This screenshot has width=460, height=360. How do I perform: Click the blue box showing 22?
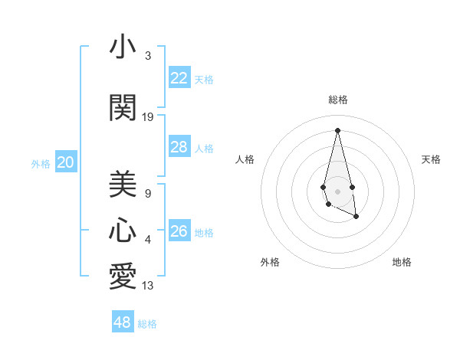[179, 77]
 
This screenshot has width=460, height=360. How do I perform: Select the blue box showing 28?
[179, 147]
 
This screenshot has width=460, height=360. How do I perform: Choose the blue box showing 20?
[66, 162]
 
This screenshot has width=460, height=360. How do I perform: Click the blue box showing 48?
[123, 322]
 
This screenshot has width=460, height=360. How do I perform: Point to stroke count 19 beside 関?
[148, 117]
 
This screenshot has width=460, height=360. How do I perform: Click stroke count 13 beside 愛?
[148, 286]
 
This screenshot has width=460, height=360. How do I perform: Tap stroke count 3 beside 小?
[148, 56]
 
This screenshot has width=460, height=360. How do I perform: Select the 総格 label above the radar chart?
[338, 100]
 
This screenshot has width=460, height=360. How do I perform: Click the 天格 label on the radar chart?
[431, 159]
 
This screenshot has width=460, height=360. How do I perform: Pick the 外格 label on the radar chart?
[270, 262]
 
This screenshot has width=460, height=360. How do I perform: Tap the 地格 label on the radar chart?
[402, 262]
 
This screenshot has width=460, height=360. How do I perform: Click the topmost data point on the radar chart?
[338, 129]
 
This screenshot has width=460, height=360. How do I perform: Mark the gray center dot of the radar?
[338, 191]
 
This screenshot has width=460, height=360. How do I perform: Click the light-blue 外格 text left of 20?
[41, 163]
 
